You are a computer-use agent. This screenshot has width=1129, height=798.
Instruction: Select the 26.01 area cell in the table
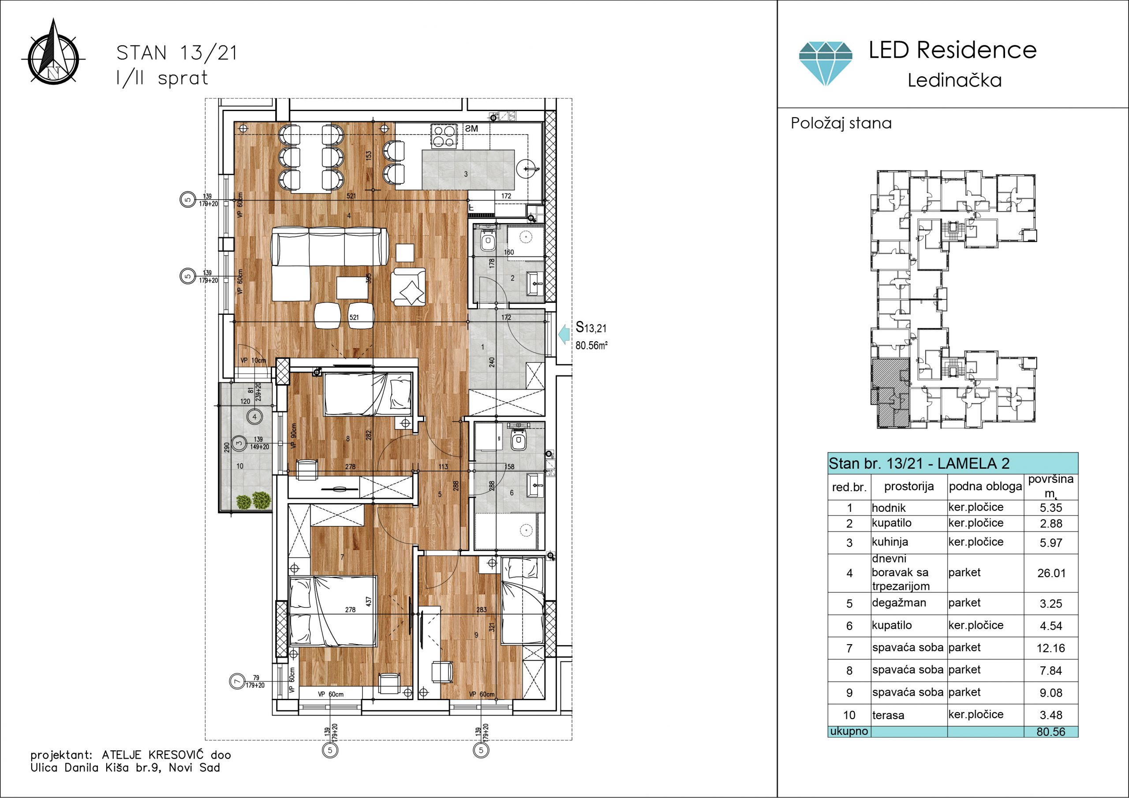coord(1051,573)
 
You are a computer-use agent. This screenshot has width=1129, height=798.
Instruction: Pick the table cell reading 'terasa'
coord(888,716)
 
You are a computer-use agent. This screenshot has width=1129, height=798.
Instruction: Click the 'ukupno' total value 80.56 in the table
coord(1051,731)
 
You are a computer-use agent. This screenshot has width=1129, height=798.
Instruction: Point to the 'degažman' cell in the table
coord(899,603)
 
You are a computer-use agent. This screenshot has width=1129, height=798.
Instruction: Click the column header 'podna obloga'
coord(985,487)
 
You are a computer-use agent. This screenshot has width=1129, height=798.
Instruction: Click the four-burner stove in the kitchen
coord(444,136)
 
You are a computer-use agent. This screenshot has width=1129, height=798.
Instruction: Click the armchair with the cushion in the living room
coord(408,287)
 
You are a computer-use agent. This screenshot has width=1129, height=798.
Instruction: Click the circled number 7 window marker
coord(238,682)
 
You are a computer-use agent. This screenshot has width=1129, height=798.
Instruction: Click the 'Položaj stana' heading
coord(841,123)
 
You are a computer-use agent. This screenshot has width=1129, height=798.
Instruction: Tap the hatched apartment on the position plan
coord(889,392)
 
